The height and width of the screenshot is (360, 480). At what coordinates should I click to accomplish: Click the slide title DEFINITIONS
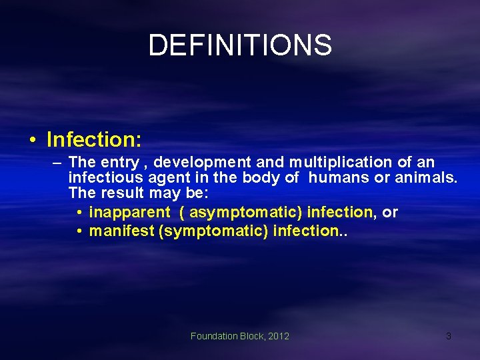[x=240, y=45]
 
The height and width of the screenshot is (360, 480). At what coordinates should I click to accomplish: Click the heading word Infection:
[x=94, y=139]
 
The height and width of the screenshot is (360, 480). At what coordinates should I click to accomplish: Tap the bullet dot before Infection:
[x=31, y=140]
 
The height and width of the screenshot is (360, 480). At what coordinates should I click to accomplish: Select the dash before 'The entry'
[x=57, y=162]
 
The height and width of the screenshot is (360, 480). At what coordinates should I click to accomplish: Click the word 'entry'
[x=120, y=162]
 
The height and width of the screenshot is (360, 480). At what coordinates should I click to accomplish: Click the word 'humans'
[x=338, y=178]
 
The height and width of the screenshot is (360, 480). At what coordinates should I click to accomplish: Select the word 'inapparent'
[x=130, y=213]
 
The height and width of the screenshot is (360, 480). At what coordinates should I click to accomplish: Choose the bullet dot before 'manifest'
[x=79, y=231]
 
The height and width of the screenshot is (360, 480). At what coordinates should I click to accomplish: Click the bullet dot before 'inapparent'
[x=79, y=213]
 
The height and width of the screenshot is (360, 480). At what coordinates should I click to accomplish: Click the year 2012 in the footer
[x=279, y=336]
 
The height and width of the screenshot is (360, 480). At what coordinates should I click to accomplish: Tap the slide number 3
[x=448, y=336]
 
